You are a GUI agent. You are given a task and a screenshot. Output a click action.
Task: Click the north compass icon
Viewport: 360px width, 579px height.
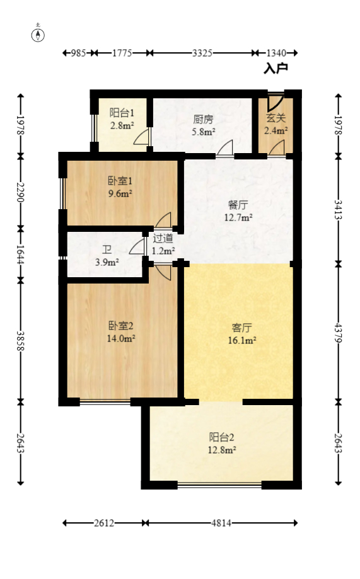click(38, 34)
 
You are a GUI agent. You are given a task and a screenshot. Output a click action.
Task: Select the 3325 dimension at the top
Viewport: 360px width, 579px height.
click(202, 53)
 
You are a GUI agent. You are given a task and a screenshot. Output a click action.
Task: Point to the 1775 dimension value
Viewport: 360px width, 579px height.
click(122, 53)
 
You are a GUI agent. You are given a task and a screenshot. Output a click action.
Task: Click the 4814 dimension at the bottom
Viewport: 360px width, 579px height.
click(221, 523)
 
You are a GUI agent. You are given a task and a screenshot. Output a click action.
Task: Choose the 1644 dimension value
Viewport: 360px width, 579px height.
click(20, 253)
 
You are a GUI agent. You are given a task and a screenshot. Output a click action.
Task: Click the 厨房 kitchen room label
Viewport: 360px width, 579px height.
click(204, 118)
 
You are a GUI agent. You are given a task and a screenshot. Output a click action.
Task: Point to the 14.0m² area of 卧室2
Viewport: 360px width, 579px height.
click(121, 338)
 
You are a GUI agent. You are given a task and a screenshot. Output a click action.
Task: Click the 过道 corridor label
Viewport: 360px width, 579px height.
click(163, 239)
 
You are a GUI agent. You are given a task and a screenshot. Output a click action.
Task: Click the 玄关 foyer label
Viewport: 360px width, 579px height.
click(276, 117)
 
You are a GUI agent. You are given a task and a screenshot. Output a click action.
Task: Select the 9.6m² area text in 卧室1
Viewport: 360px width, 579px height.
click(120, 193)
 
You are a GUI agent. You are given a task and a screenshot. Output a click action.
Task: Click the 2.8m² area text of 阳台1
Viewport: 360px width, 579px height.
click(122, 125)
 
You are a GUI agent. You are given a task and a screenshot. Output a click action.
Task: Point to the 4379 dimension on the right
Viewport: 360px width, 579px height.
click(339, 332)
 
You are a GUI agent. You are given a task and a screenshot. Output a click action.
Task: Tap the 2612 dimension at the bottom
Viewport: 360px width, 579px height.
click(105, 523)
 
